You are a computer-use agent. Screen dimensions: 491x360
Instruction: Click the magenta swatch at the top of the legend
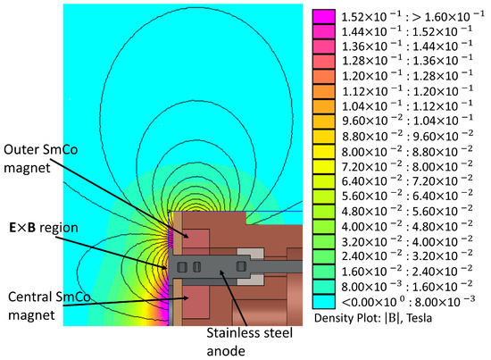click(x=323, y=16)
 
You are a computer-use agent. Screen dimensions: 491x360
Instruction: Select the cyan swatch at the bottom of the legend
click(x=323, y=302)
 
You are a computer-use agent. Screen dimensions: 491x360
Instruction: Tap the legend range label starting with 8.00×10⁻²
click(x=407, y=152)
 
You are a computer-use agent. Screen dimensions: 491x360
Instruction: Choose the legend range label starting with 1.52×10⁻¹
click(x=412, y=16)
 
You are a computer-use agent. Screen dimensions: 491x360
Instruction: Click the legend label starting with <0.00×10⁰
click(x=408, y=302)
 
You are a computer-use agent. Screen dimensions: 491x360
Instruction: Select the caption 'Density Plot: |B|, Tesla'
click(x=373, y=318)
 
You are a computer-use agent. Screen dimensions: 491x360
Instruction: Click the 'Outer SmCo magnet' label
click(x=40, y=158)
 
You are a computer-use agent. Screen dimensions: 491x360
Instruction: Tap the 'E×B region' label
click(x=44, y=228)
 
